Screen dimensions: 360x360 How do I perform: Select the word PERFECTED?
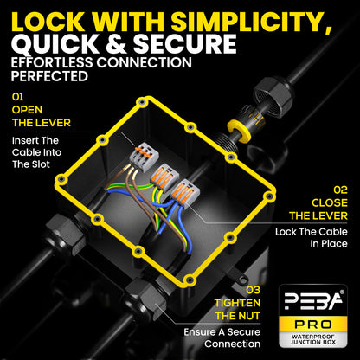click(49, 76)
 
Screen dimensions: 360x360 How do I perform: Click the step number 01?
click(17, 97)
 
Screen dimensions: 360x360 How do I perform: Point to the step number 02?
click(340, 190)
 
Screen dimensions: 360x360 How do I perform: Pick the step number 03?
click(253, 290)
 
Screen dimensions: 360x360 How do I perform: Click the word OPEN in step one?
click(27, 110)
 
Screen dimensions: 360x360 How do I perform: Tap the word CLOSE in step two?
click(330, 202)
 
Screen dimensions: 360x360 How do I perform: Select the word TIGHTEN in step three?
click(237, 303)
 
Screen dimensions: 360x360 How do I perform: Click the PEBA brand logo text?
click(313, 301)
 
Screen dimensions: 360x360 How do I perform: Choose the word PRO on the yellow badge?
click(313, 325)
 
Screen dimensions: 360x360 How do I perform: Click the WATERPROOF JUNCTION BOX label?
click(313, 339)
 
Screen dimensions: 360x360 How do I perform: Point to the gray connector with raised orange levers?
click(145, 157)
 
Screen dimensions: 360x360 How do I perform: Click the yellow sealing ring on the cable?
click(239, 131)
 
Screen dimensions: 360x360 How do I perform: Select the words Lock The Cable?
click(312, 232)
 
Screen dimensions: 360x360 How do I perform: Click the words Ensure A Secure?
click(222, 332)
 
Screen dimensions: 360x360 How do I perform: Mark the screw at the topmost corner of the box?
click(142, 102)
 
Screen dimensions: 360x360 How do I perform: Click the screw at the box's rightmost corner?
click(269, 196)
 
